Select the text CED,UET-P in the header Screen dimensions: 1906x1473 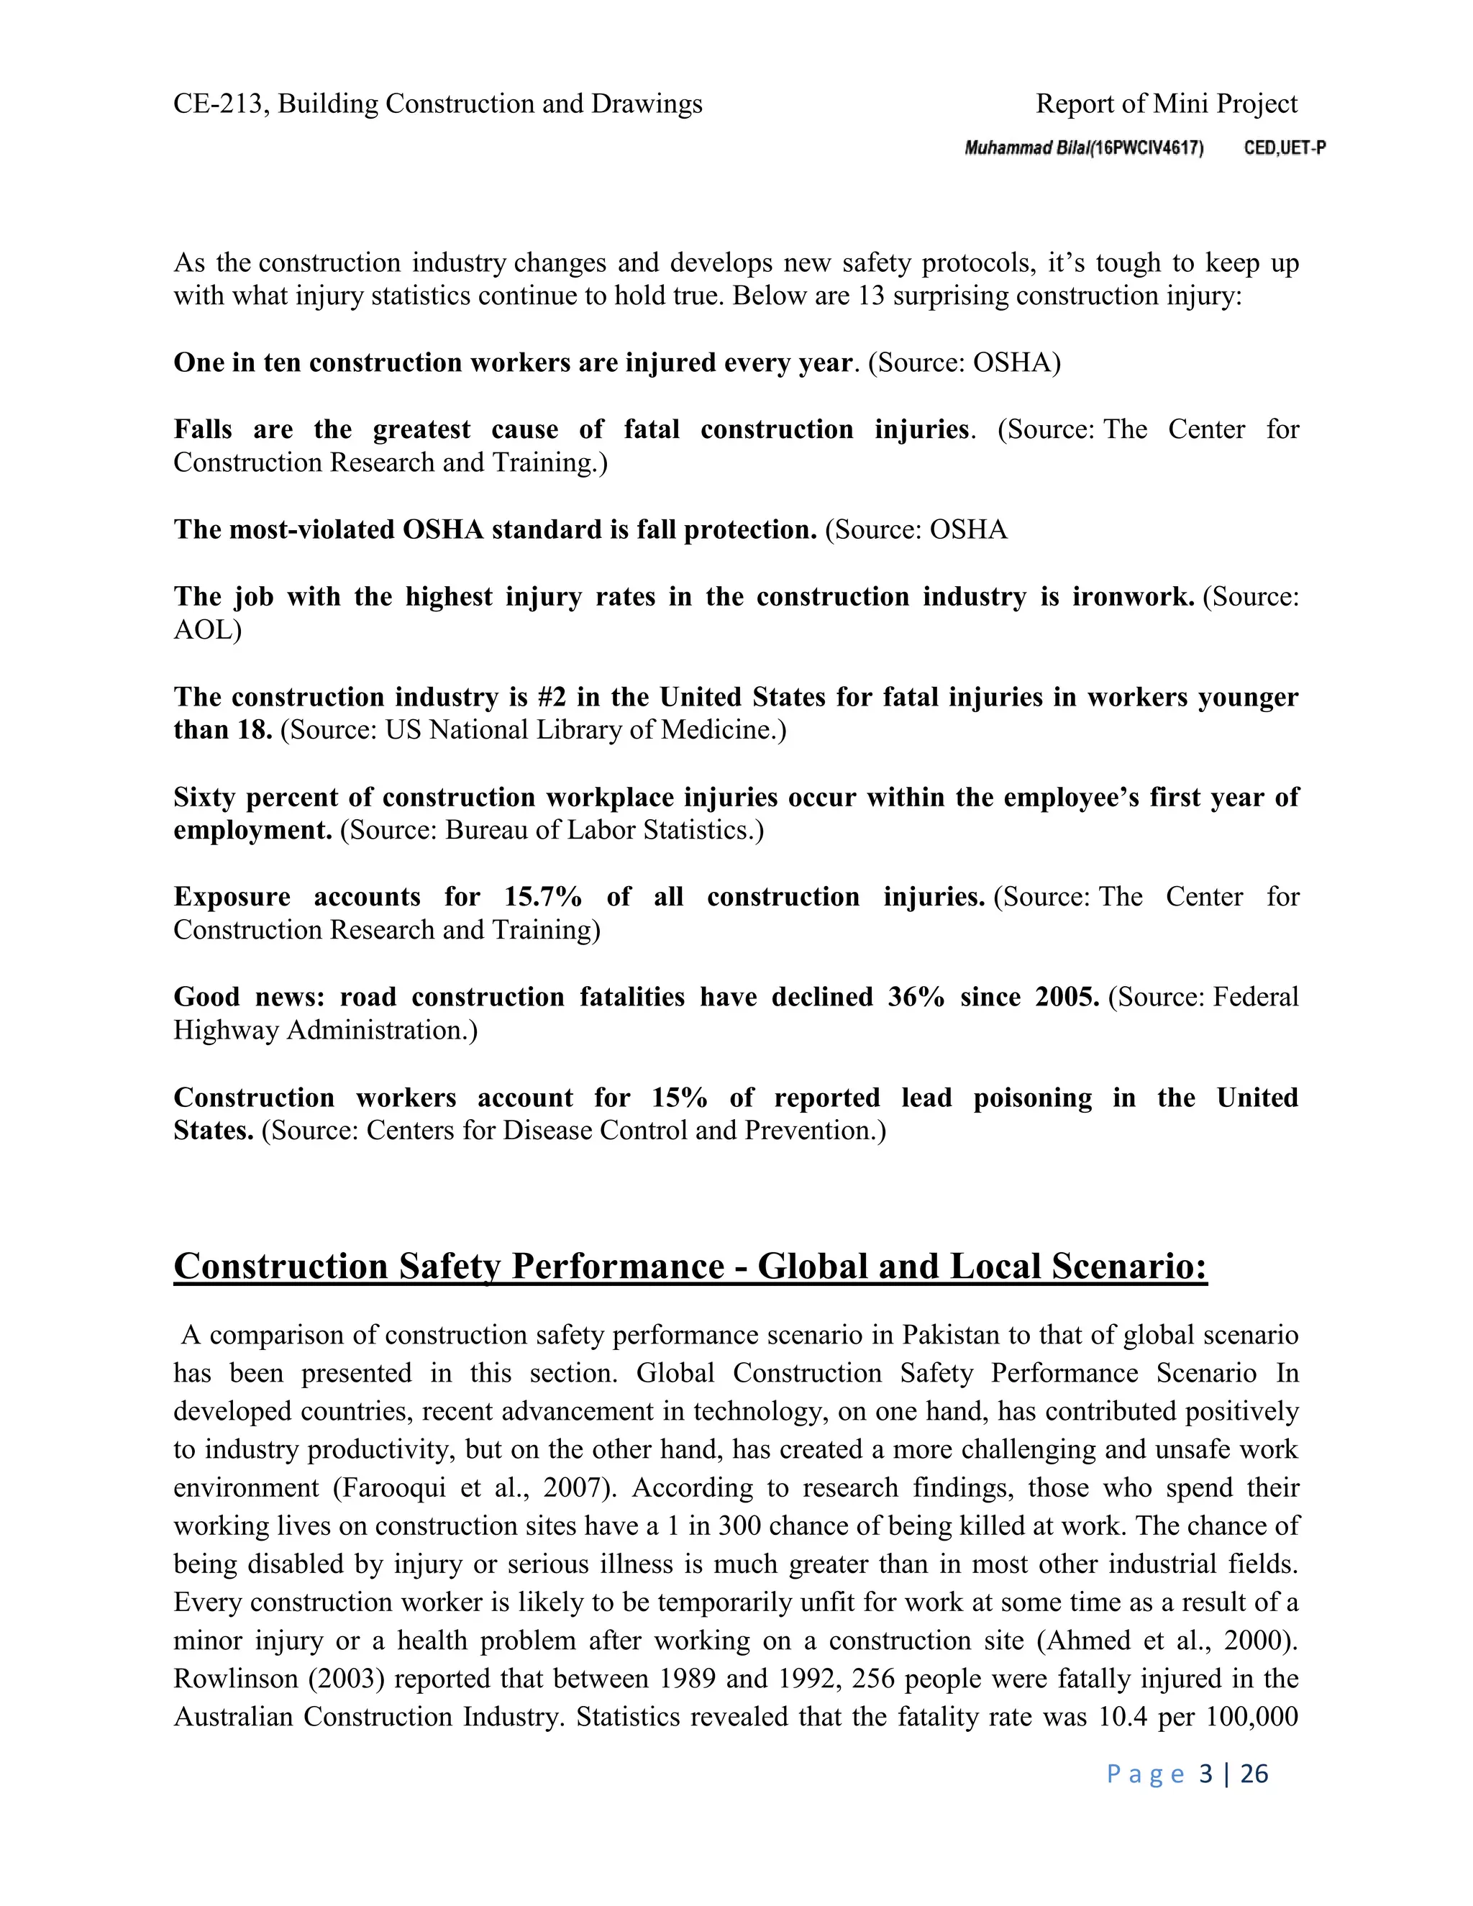pos(1285,148)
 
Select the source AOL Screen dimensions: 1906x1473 pos(207,630)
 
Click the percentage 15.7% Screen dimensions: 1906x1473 pos(543,897)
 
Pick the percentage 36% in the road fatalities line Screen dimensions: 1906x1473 pos(916,998)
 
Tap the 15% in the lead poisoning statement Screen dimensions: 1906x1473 pos(679,1098)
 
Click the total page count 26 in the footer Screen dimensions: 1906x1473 pos(1253,1774)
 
